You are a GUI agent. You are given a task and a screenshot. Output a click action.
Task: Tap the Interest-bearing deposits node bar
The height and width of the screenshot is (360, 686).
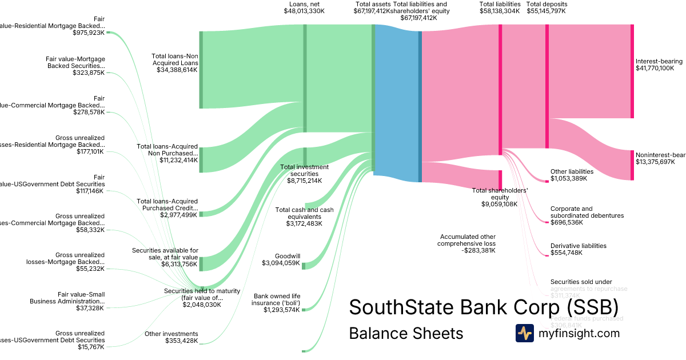(x=632, y=71)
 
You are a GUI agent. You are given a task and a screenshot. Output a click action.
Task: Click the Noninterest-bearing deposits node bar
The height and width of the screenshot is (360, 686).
(x=632, y=165)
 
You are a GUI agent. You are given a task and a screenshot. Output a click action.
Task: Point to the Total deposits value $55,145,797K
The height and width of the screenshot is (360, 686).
(x=547, y=11)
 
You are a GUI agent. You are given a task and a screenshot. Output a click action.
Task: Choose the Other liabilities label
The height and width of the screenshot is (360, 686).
(x=572, y=171)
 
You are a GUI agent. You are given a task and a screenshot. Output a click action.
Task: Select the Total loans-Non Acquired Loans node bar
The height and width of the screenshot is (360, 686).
(x=201, y=70)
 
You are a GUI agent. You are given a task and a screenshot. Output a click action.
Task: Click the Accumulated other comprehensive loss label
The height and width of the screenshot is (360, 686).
(x=468, y=240)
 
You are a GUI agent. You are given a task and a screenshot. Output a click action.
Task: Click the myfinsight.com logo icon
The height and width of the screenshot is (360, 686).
(x=525, y=333)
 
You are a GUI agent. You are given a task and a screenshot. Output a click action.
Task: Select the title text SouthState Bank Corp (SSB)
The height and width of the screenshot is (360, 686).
(x=484, y=307)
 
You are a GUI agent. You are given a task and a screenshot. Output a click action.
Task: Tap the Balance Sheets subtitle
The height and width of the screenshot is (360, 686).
(x=406, y=333)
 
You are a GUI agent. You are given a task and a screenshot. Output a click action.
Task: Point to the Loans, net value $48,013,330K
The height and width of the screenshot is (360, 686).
(x=304, y=11)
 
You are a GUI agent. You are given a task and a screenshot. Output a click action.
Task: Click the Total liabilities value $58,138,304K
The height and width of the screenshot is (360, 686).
(x=500, y=11)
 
